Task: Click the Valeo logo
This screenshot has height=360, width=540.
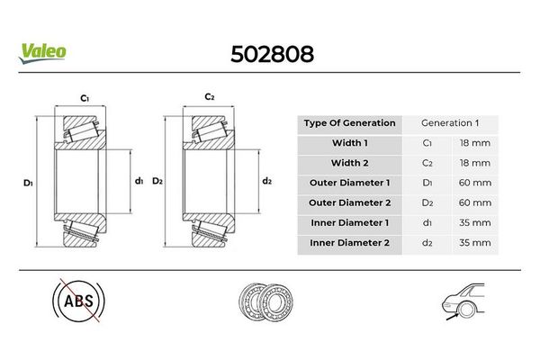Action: (x=42, y=53)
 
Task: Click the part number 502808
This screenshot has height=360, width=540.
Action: (x=272, y=54)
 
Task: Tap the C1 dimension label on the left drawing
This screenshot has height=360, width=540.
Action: (x=85, y=98)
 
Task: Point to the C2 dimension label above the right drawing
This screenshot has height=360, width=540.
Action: (x=210, y=97)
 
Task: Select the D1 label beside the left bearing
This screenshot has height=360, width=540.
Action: (x=28, y=183)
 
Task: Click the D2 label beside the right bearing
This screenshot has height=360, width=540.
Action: (x=157, y=181)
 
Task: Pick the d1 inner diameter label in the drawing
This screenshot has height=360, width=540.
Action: (x=139, y=181)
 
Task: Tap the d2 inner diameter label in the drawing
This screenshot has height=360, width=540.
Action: (x=267, y=181)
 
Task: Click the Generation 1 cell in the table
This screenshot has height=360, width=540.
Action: (x=450, y=123)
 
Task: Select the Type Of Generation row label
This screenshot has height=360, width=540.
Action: (x=349, y=123)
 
